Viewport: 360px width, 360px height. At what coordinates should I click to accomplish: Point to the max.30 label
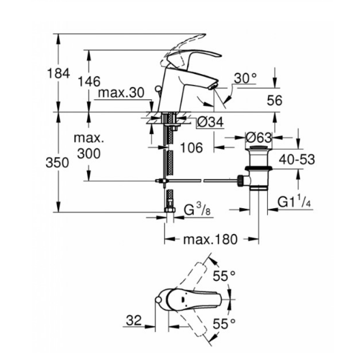coord(121,93)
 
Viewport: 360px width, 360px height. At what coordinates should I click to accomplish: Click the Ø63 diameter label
coord(259,137)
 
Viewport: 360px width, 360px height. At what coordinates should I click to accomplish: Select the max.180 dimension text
coord(212,240)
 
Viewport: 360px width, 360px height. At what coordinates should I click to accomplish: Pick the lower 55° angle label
coord(227,326)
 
